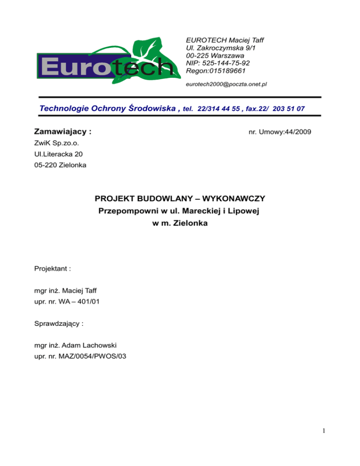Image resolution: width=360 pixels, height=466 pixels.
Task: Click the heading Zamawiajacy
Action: (60, 132)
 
